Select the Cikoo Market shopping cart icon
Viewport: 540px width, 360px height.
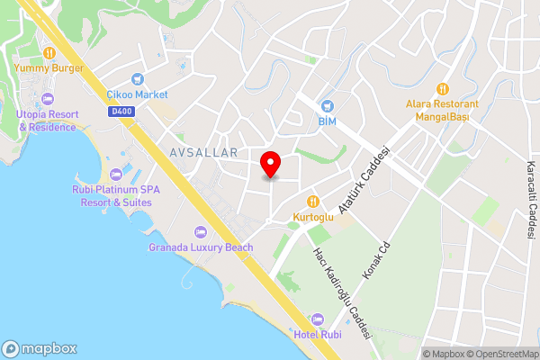pyautogui.click(x=137, y=79)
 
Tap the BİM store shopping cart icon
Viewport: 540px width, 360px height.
pyautogui.click(x=327, y=105)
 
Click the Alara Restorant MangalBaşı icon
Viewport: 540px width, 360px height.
pyautogui.click(x=442, y=89)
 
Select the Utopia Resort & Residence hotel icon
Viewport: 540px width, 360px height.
pyautogui.click(x=47, y=99)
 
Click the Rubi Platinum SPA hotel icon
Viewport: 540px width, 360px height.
pyautogui.click(x=113, y=174)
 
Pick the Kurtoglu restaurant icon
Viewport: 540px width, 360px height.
pyautogui.click(x=313, y=202)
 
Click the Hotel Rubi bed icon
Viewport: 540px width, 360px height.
pyautogui.click(x=317, y=319)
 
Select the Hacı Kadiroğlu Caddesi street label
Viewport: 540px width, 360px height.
pyautogui.click(x=341, y=292)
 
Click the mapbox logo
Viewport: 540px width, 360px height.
pyautogui.click(x=40, y=349)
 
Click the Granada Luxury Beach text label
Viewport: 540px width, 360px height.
pyautogui.click(x=201, y=247)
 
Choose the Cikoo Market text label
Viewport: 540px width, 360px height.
pyautogui.click(x=137, y=94)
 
